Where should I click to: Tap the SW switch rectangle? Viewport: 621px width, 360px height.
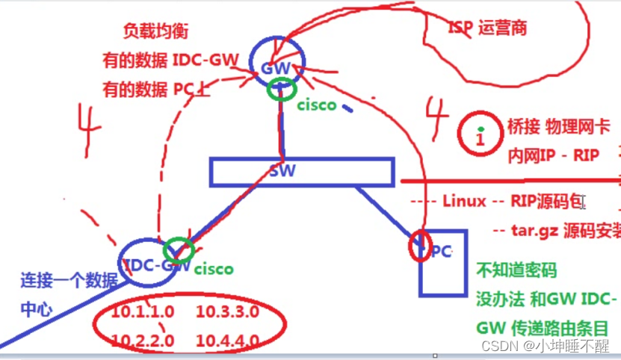pos(300,171)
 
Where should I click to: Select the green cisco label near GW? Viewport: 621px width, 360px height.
pos(316,105)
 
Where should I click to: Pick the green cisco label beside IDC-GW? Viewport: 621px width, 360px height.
pos(214,268)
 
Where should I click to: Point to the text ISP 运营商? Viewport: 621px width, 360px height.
pos(487,28)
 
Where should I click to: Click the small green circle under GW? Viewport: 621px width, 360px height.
pos(280,90)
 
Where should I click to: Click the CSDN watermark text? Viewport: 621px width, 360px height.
pos(545,346)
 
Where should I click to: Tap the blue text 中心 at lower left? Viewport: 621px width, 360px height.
pos(37,308)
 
